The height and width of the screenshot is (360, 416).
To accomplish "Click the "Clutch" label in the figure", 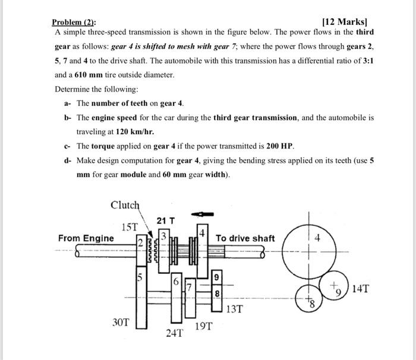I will point(125,206).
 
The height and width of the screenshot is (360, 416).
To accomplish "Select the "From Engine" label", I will point(86,238).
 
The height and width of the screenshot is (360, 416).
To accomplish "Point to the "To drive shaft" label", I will point(245,238).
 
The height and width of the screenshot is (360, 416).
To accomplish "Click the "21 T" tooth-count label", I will point(165,221).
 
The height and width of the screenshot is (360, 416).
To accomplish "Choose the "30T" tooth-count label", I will point(121,322).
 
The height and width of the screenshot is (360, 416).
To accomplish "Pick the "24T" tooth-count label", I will point(174,333).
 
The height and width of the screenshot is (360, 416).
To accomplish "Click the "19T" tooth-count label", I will point(203,326).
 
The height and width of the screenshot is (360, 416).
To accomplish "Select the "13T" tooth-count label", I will point(235,310).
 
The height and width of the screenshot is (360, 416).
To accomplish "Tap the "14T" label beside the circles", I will point(360,289).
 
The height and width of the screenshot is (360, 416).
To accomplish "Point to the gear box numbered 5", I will point(141,297).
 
